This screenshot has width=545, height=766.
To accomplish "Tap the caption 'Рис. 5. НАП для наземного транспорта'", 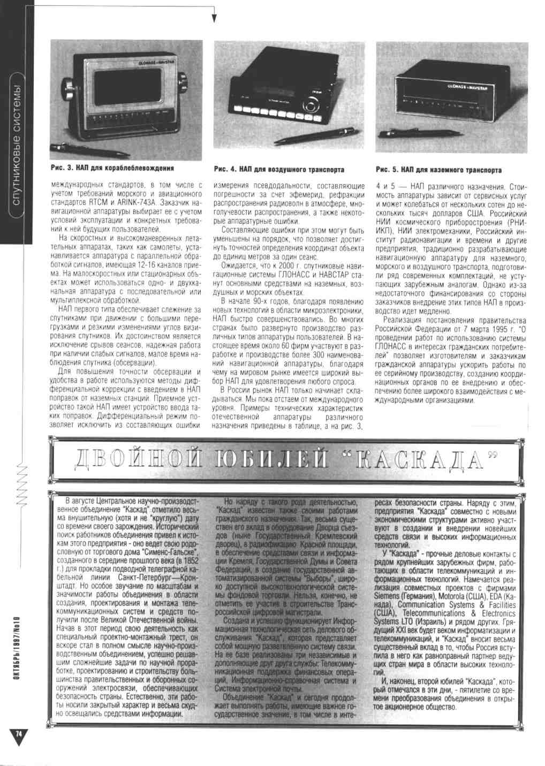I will pos(439,170).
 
